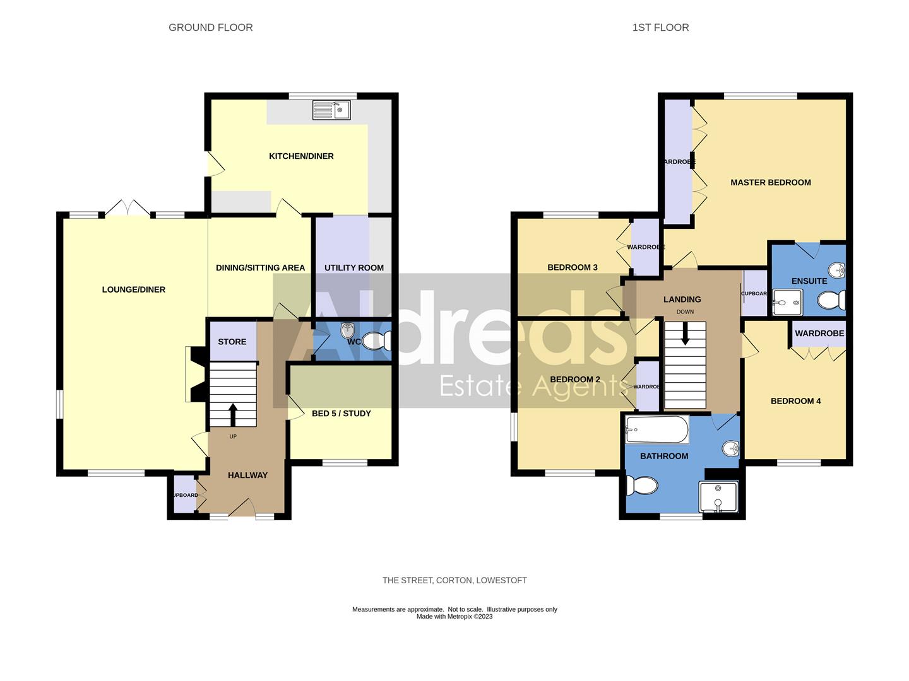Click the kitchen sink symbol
[331, 110]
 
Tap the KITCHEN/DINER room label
[301, 156]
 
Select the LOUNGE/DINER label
[133, 289]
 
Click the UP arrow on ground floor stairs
[232, 414]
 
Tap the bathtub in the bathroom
[656, 429]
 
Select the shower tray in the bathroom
[718, 496]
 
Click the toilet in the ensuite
[831, 300]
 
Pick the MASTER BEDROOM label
[770, 182]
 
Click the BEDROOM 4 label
[795, 401]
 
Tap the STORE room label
[232, 342]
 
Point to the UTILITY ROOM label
[353, 267]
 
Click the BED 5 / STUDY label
[341, 414]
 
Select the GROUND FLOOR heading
[210, 27]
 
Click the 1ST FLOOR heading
[660, 27]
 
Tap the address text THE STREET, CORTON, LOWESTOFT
[454, 580]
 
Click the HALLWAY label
[247, 475]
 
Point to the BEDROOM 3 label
[572, 267]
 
